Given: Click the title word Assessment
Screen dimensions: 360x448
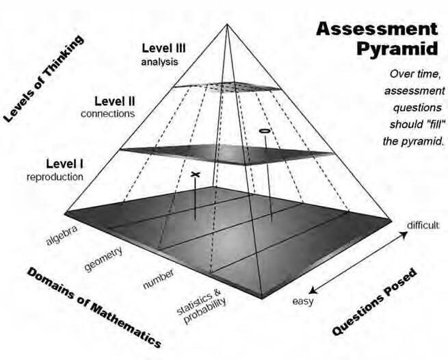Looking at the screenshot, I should (376, 29).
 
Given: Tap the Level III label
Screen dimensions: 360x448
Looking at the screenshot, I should (165, 49).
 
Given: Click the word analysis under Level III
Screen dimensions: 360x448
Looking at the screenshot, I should (161, 62).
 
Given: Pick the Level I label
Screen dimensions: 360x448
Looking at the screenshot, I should (64, 164).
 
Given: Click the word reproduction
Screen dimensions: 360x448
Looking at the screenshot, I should (55, 177).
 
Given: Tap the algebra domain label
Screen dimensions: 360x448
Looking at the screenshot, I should (62, 235).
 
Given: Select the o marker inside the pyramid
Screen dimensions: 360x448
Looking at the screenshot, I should (263, 129).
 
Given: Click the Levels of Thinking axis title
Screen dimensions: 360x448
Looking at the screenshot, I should (44, 79).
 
